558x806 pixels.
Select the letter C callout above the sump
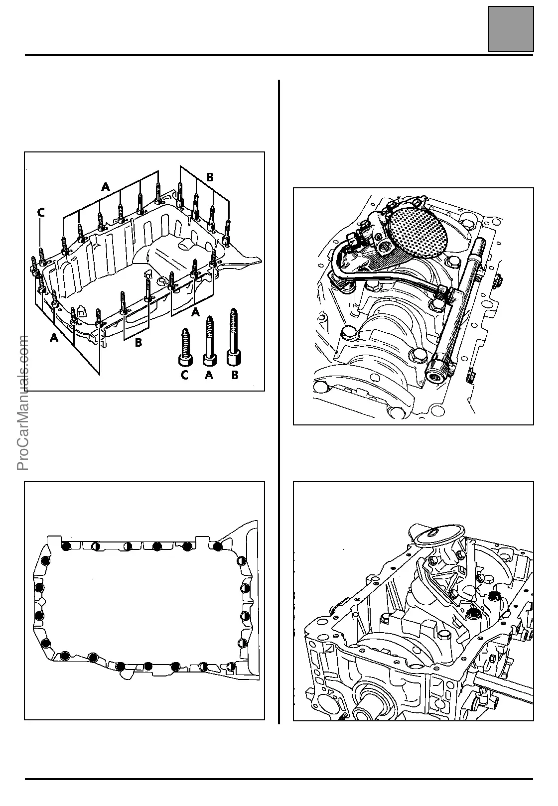click(x=41, y=213)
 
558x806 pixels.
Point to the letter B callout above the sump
click(x=210, y=177)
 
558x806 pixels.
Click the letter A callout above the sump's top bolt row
click(x=105, y=187)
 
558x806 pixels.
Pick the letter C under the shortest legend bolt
click(x=184, y=376)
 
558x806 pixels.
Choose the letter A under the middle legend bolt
click(x=209, y=376)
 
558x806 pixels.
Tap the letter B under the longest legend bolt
click(x=234, y=376)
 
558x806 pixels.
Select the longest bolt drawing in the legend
click(x=233, y=336)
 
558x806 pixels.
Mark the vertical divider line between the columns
click(x=279, y=399)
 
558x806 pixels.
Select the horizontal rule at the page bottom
click(x=279, y=779)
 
